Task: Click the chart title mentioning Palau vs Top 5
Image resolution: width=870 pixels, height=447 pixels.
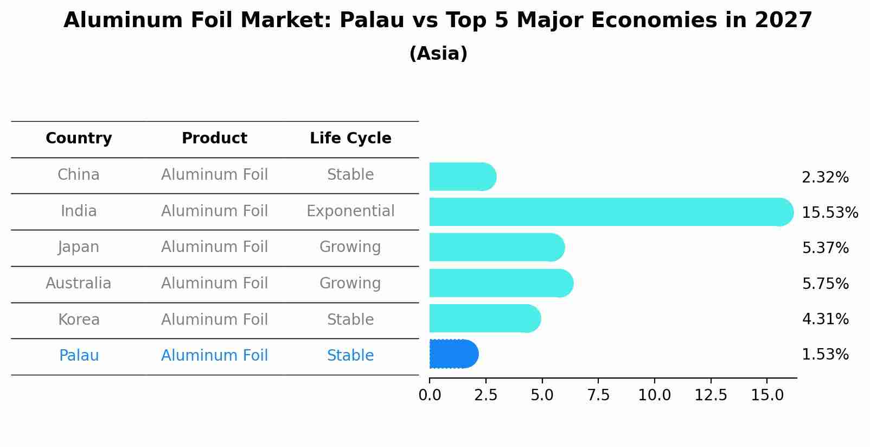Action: [438, 21]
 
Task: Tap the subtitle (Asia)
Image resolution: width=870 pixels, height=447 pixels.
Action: [438, 54]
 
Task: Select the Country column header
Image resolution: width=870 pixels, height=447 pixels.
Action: [79, 138]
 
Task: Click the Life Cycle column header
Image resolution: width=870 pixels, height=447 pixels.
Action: [350, 138]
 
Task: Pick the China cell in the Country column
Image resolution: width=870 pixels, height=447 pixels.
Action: [79, 175]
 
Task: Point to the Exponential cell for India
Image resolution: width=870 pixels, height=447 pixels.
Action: [350, 211]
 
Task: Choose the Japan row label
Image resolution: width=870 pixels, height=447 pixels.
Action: [79, 247]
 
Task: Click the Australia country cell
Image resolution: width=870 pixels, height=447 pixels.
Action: [79, 284]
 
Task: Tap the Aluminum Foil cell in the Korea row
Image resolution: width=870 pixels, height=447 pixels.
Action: [214, 320]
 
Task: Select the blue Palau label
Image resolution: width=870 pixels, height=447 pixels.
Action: [79, 356]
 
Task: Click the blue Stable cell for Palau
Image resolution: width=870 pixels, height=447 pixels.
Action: [350, 356]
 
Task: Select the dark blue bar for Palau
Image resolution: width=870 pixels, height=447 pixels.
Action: [453, 354]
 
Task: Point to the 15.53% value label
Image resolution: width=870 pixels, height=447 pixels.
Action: [830, 213]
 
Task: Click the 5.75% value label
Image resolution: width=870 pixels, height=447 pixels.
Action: [825, 284]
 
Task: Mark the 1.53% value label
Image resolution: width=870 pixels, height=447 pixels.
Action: [825, 355]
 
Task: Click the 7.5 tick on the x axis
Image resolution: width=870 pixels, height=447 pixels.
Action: [598, 395]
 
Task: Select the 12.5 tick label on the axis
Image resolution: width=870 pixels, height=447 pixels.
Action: [711, 395]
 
